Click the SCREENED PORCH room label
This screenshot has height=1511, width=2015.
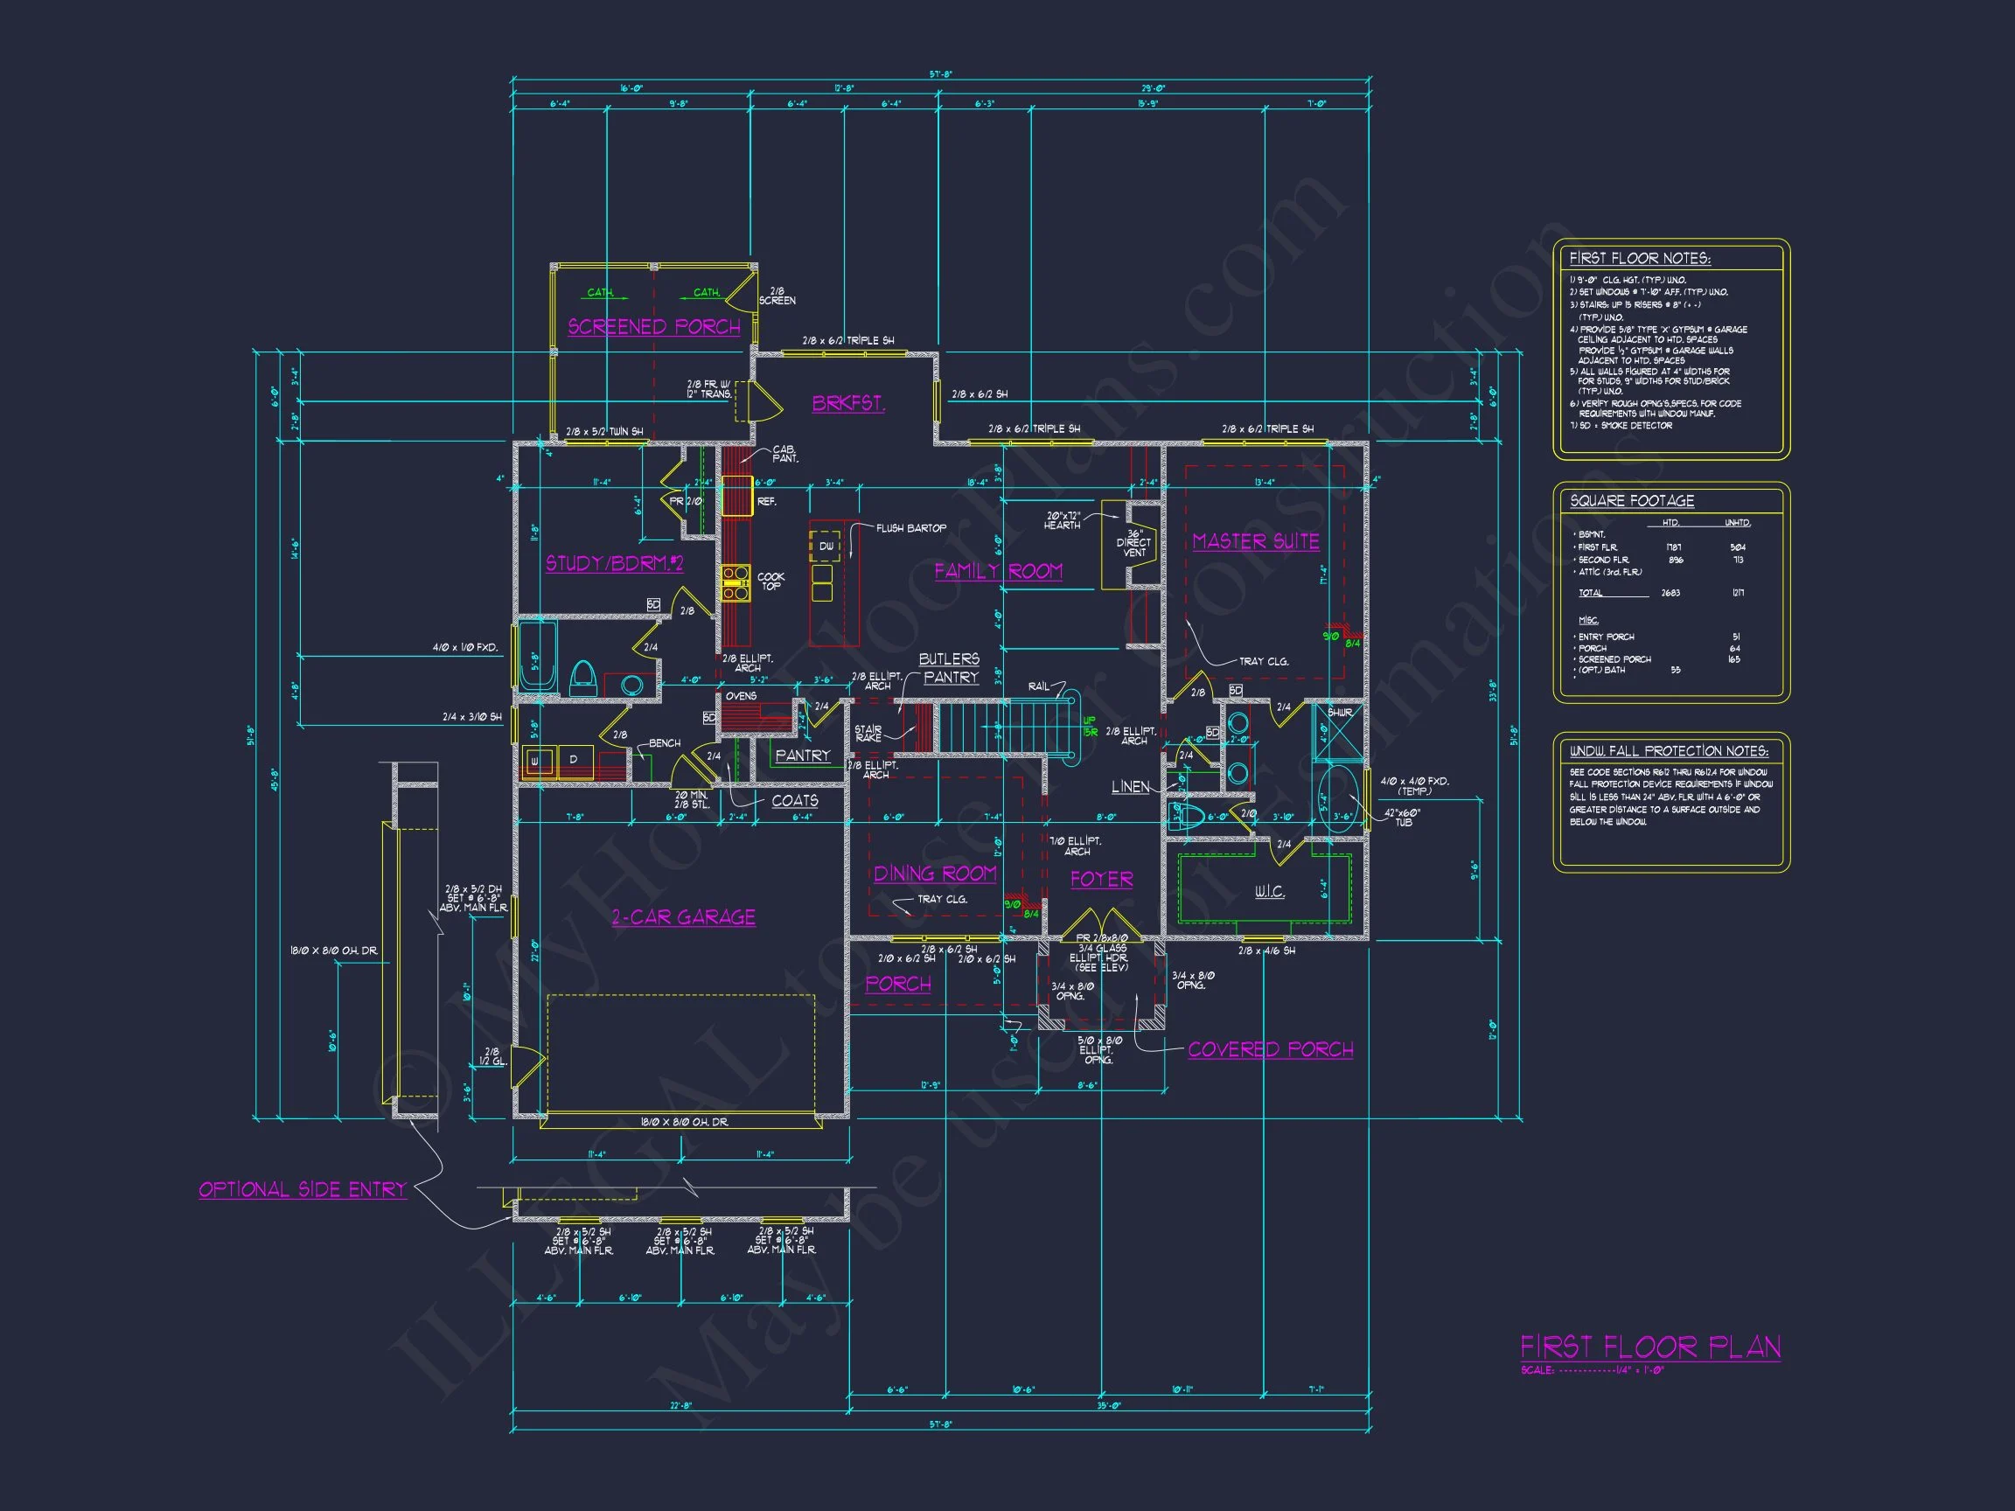654,327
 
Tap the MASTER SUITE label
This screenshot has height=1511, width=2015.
1256,541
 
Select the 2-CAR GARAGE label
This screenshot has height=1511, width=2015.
683,917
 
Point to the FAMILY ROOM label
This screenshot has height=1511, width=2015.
999,571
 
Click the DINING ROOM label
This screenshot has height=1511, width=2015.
935,874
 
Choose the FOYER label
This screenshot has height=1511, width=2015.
1101,879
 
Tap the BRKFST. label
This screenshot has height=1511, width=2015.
848,402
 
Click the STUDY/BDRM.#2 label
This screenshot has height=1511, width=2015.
614,564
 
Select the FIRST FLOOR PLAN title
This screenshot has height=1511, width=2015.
1649,1347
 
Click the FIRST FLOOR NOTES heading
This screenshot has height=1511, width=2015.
1640,259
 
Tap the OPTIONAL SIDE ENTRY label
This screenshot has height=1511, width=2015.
303,1189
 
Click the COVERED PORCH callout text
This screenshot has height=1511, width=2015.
1270,1049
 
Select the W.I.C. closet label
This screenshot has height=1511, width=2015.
1269,892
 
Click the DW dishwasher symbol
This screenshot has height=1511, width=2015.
826,547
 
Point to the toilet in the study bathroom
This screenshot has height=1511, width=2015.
583,678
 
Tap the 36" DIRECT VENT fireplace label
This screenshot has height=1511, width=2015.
1133,543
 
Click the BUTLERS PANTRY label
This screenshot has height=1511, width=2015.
949,667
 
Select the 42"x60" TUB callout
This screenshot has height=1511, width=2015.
1403,817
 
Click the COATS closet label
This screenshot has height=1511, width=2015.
794,801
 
